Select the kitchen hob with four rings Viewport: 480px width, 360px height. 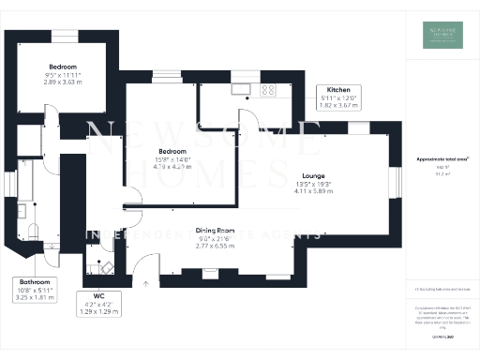tap(268, 90)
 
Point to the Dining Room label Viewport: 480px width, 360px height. tap(215, 230)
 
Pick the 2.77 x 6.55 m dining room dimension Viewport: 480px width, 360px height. tap(215, 245)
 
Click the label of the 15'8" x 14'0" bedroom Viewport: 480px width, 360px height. tap(172, 151)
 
